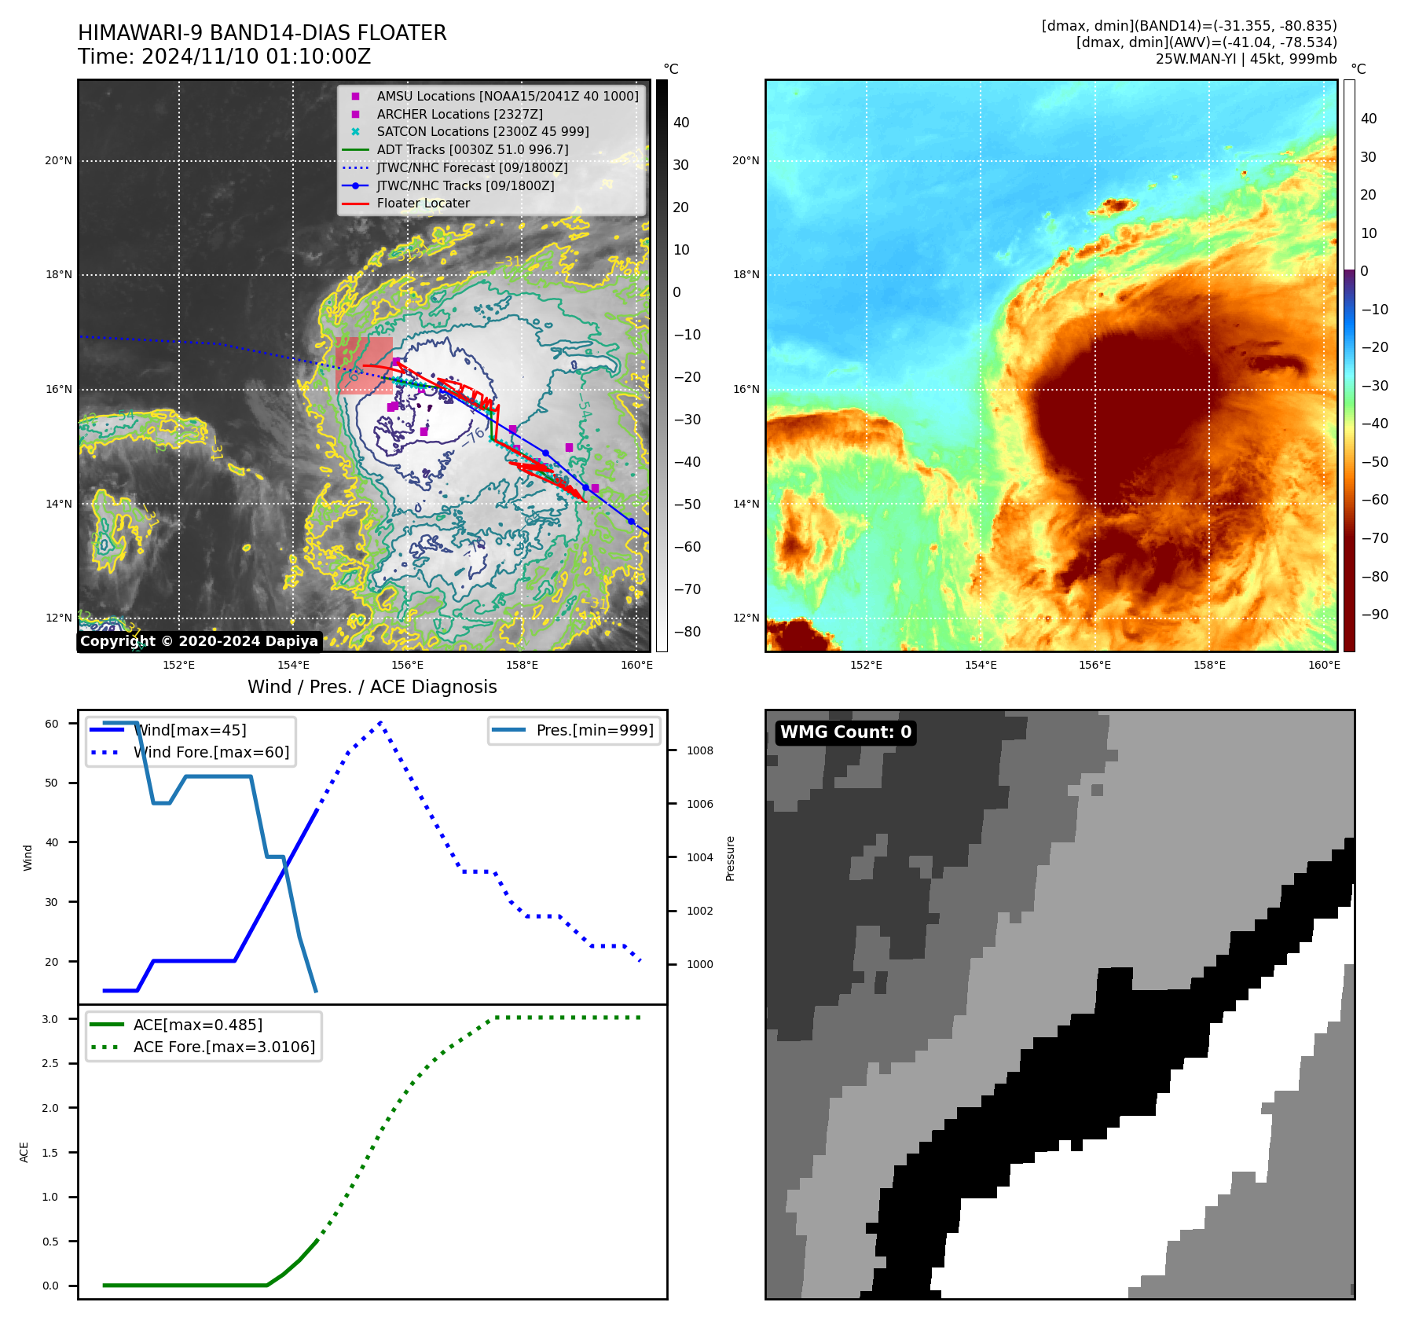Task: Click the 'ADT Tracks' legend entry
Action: [472, 149]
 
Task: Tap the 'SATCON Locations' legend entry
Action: [482, 131]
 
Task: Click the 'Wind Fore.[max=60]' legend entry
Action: [211, 752]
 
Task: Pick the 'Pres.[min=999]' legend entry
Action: [594, 730]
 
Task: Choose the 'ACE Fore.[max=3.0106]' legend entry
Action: [224, 1047]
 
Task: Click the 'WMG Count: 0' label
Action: [845, 732]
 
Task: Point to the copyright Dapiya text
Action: [199, 641]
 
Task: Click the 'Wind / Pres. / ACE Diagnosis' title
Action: [372, 687]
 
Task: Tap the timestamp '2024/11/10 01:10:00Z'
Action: [256, 57]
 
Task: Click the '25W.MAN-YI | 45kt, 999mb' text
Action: [1245, 59]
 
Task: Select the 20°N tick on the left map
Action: [58, 161]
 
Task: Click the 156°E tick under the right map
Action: [1094, 665]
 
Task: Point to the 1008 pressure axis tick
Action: [699, 750]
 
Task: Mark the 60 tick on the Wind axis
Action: [52, 724]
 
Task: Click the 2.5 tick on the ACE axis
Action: [50, 1063]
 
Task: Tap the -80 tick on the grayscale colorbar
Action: [687, 632]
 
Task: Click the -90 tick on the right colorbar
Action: [1374, 614]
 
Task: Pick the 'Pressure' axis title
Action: [730, 858]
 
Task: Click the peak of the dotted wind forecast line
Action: [380, 721]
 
